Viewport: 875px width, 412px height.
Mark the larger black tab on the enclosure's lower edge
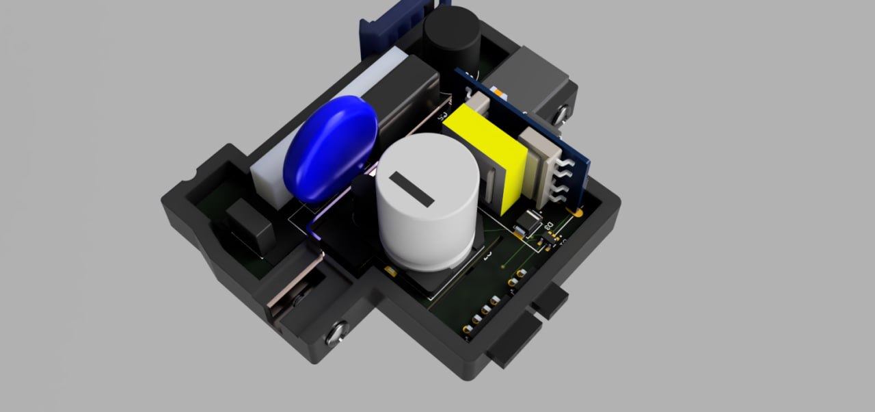tap(514, 342)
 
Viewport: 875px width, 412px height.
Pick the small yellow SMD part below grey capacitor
tap(389, 272)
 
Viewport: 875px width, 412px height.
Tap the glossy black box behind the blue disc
tap(407, 96)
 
